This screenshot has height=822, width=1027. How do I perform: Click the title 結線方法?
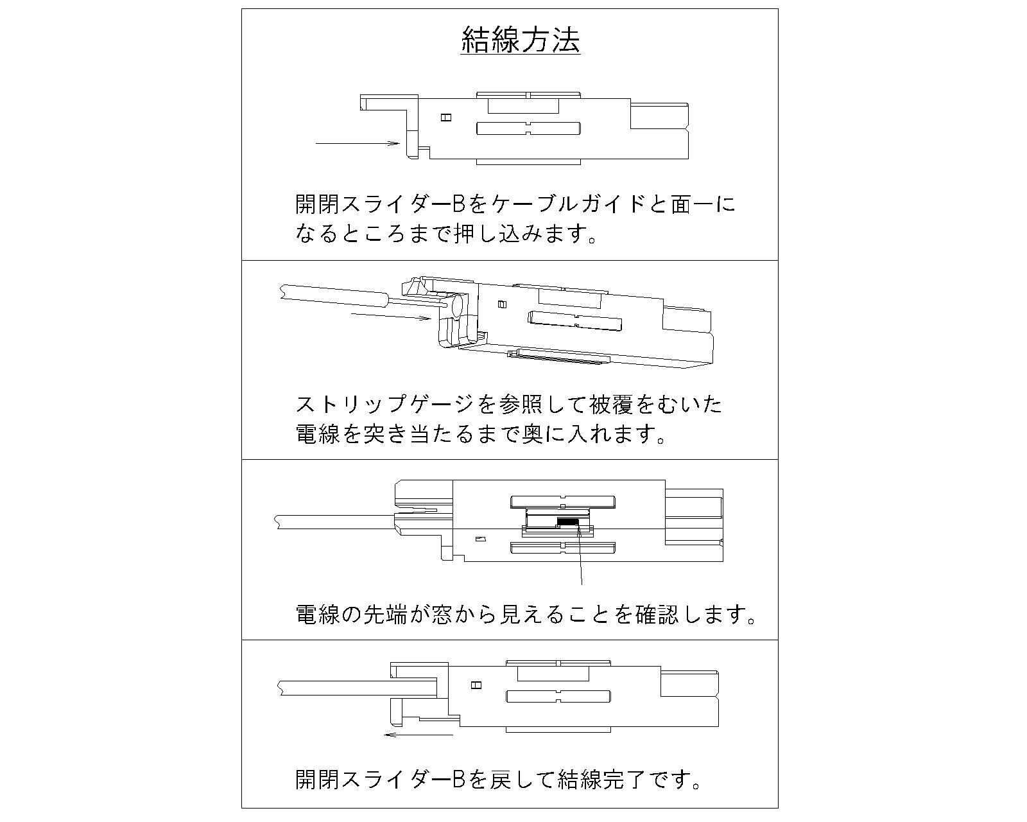click(521, 40)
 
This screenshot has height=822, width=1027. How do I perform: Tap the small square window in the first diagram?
click(447, 118)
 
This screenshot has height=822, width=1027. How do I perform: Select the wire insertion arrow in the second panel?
click(391, 317)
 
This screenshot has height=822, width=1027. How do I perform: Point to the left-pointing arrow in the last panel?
click(418, 733)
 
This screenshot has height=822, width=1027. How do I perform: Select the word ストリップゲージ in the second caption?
click(385, 405)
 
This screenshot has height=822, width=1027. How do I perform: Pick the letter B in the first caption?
click(459, 204)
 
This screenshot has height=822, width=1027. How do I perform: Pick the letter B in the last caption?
click(459, 779)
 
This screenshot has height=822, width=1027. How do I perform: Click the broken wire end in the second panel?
click(281, 292)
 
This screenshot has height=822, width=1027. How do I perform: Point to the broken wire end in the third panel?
click(277, 521)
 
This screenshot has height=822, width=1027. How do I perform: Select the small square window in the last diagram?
click(476, 685)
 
